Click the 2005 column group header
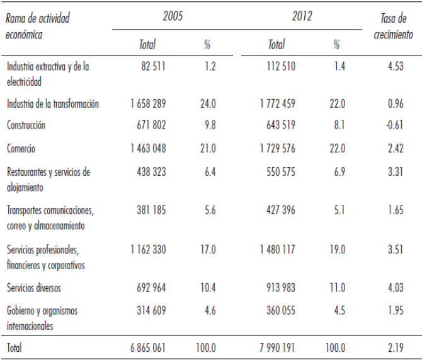coord(173,16)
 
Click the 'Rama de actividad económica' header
coord(37,26)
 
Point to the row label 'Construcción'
coord(26,125)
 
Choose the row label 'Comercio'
coord(21,149)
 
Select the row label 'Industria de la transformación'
coord(52,103)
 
